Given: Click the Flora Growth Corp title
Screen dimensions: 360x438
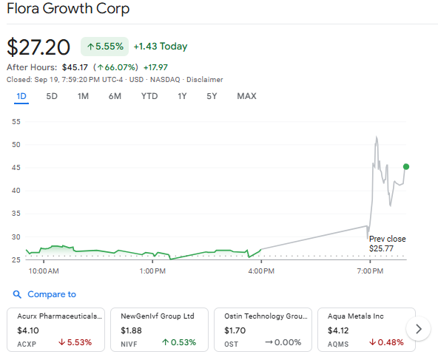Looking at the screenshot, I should [x=67, y=10].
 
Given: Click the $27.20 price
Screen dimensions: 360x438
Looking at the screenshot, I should [x=38, y=47].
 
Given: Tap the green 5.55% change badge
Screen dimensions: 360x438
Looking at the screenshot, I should [x=104, y=46].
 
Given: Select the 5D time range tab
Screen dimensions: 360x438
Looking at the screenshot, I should [x=52, y=96].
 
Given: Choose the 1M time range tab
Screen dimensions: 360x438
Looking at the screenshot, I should [x=83, y=96].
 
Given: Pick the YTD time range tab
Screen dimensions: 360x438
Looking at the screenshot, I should [x=149, y=96].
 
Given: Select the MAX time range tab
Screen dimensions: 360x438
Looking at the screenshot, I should [x=246, y=96].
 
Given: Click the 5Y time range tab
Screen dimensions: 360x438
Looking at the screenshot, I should [x=212, y=96].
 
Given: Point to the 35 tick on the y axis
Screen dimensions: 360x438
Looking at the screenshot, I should [x=16, y=214].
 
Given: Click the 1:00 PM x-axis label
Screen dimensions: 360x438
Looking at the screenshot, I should [x=152, y=271].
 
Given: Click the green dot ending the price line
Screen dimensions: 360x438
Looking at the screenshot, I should [x=406, y=166].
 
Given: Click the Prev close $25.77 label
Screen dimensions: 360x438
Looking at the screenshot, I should [x=388, y=243].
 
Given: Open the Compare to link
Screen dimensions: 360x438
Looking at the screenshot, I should [x=51, y=294].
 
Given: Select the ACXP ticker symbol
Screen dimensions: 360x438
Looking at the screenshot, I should [x=27, y=344].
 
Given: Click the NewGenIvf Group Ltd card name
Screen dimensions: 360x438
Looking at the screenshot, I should [x=157, y=316].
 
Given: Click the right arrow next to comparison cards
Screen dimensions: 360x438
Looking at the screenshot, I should [x=420, y=329].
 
